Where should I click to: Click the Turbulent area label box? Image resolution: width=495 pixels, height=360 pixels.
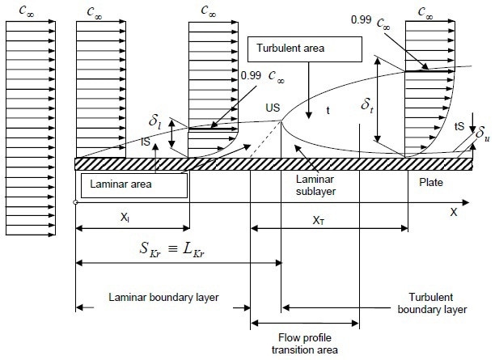[305, 49]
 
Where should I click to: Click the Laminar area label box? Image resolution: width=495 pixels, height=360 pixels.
[134, 185]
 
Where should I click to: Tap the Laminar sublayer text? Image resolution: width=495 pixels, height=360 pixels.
[315, 185]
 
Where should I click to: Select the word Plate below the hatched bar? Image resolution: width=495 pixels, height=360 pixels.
[431, 182]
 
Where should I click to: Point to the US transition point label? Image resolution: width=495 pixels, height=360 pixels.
[273, 108]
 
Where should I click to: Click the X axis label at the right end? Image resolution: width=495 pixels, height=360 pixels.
[453, 212]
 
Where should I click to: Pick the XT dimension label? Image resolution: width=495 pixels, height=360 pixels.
[318, 220]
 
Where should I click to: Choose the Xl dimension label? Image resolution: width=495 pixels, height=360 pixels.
[125, 218]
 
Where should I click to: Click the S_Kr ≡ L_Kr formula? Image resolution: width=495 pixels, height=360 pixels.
[172, 249]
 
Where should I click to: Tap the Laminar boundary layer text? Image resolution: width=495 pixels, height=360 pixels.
[163, 298]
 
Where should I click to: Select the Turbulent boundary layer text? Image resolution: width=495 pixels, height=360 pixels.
[432, 303]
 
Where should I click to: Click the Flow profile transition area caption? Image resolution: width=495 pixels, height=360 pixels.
[305, 344]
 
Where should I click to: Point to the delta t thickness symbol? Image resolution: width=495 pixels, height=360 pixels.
[367, 104]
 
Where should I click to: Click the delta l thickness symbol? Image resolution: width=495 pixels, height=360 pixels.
[154, 122]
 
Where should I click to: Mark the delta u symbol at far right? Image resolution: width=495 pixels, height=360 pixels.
[483, 133]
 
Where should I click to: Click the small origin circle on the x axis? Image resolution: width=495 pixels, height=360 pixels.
[75, 202]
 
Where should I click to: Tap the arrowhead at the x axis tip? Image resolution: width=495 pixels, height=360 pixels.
[466, 202]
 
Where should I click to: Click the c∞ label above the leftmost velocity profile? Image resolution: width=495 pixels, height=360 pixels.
[27, 11]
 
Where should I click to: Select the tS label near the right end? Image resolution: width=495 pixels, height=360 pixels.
[459, 126]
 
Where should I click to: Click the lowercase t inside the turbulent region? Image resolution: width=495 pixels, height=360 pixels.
[328, 110]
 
